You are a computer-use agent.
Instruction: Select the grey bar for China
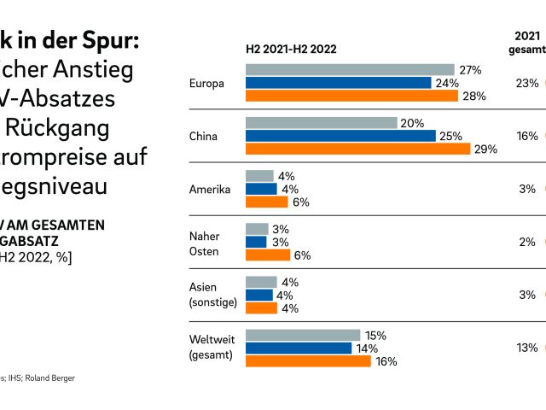[321, 123]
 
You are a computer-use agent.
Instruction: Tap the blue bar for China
[340, 136]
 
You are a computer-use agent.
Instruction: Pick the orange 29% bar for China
[357, 149]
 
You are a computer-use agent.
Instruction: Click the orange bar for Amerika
[266, 202]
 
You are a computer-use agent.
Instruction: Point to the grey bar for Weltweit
[302, 335]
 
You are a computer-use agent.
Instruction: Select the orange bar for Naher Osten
[267, 255]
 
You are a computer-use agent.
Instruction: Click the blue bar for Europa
[338, 83]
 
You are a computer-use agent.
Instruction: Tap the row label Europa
[206, 83]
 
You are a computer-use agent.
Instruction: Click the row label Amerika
[210, 189]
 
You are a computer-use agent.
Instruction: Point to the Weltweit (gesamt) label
[211, 348]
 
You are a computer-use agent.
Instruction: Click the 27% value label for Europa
[471, 70]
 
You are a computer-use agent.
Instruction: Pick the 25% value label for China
[452, 136]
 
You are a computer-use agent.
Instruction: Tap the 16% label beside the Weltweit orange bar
[386, 361]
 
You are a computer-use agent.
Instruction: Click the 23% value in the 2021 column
[526, 83]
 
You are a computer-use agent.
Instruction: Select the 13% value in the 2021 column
[526, 348]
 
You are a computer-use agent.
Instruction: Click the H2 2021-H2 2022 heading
[291, 49]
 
